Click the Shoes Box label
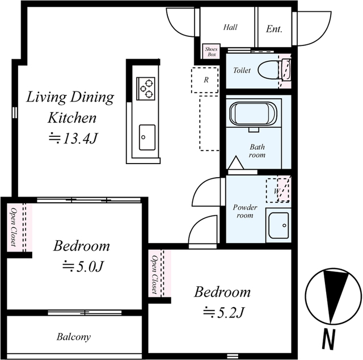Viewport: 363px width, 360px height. click(212, 52)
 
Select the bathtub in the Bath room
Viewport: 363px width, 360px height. click(253, 114)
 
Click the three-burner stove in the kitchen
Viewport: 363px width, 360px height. click(146, 89)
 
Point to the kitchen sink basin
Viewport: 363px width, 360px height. click(147, 137)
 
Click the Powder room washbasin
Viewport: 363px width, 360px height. click(278, 225)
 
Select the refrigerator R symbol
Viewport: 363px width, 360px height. click(205, 80)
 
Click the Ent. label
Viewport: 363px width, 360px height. click(274, 29)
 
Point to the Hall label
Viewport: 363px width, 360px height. click(230, 27)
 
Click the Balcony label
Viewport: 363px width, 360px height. click(74, 337)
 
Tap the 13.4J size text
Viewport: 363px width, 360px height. click(73, 139)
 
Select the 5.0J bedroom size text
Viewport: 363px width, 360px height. click(83, 266)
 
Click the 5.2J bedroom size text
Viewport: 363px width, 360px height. click(223, 312)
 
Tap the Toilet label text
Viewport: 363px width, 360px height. click(242, 70)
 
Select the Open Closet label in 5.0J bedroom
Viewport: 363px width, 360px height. click(14, 227)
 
